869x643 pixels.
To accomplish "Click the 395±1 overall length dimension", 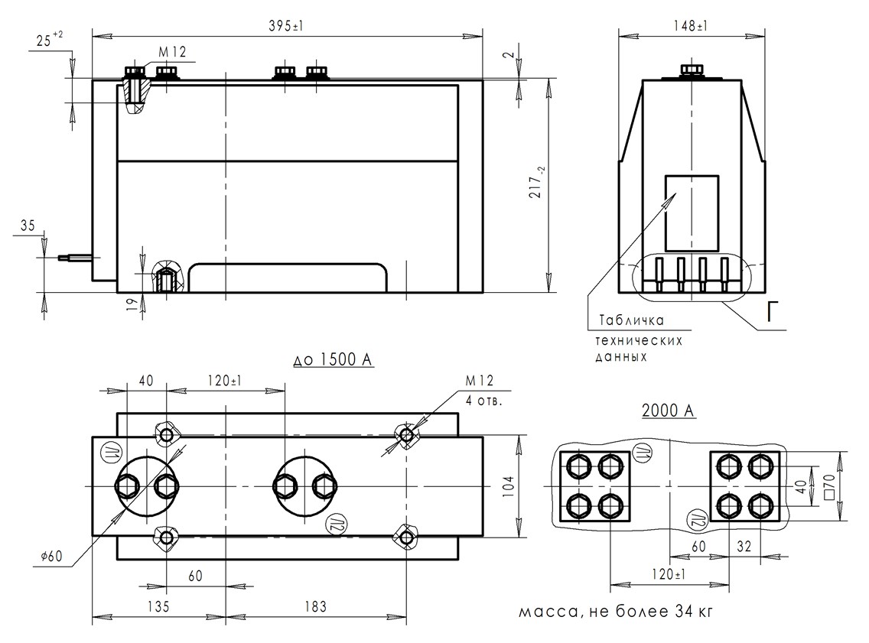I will pos(288,25).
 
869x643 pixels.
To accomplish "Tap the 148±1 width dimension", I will pos(692,25).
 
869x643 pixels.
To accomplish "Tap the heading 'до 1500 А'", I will pos(334,359).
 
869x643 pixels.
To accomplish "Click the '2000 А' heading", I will pos(668,411).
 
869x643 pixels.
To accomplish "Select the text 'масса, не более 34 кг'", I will pos(619,612).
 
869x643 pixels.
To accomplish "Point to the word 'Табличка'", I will pos(632,320).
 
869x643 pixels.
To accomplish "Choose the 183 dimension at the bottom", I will pos(313,606).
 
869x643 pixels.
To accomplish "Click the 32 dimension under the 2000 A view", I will pos(745,547).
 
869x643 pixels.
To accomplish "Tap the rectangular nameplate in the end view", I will pos(692,213).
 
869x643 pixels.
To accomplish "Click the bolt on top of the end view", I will pos(692,71).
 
